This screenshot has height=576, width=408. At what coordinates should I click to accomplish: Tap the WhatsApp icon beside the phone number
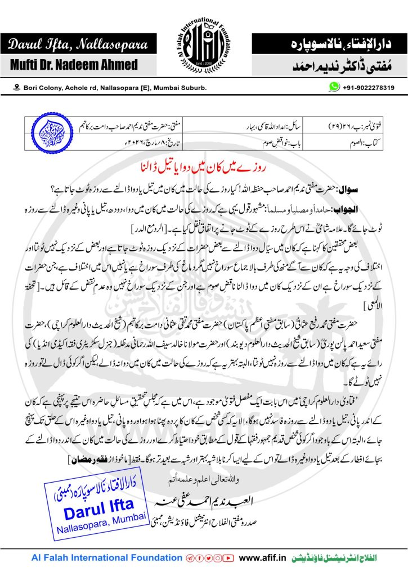(335, 87)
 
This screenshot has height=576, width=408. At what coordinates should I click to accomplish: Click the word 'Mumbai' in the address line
(167, 88)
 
